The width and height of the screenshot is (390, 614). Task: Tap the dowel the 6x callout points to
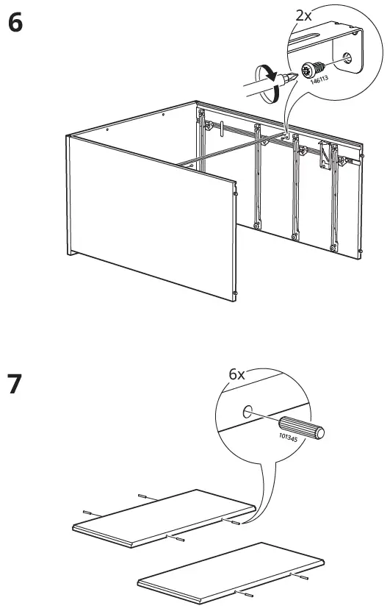tap(236, 524)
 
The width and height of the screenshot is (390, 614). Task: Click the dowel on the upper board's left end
tap(87, 511)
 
